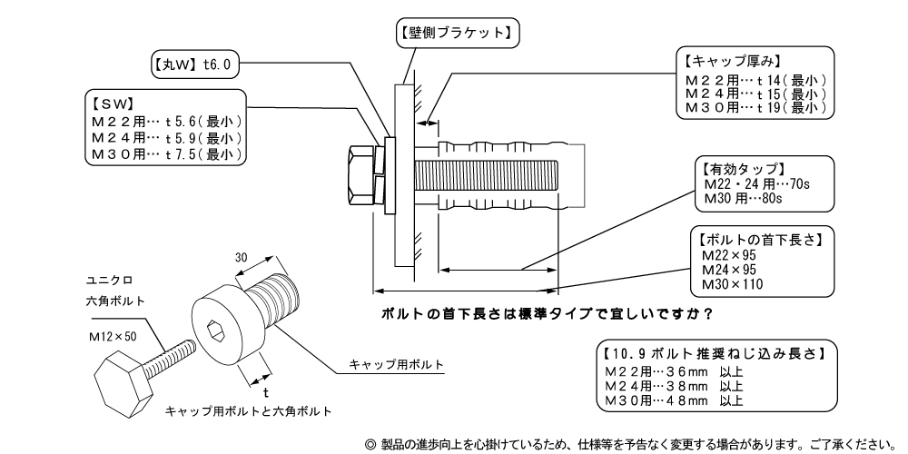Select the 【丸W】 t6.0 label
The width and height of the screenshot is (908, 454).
(x=193, y=65)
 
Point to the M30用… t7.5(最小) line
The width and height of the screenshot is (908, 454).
(x=166, y=154)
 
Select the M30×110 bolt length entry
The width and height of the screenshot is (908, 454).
(x=733, y=284)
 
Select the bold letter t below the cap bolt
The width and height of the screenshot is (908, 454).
(x=265, y=392)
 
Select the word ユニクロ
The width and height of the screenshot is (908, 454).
(x=104, y=279)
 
